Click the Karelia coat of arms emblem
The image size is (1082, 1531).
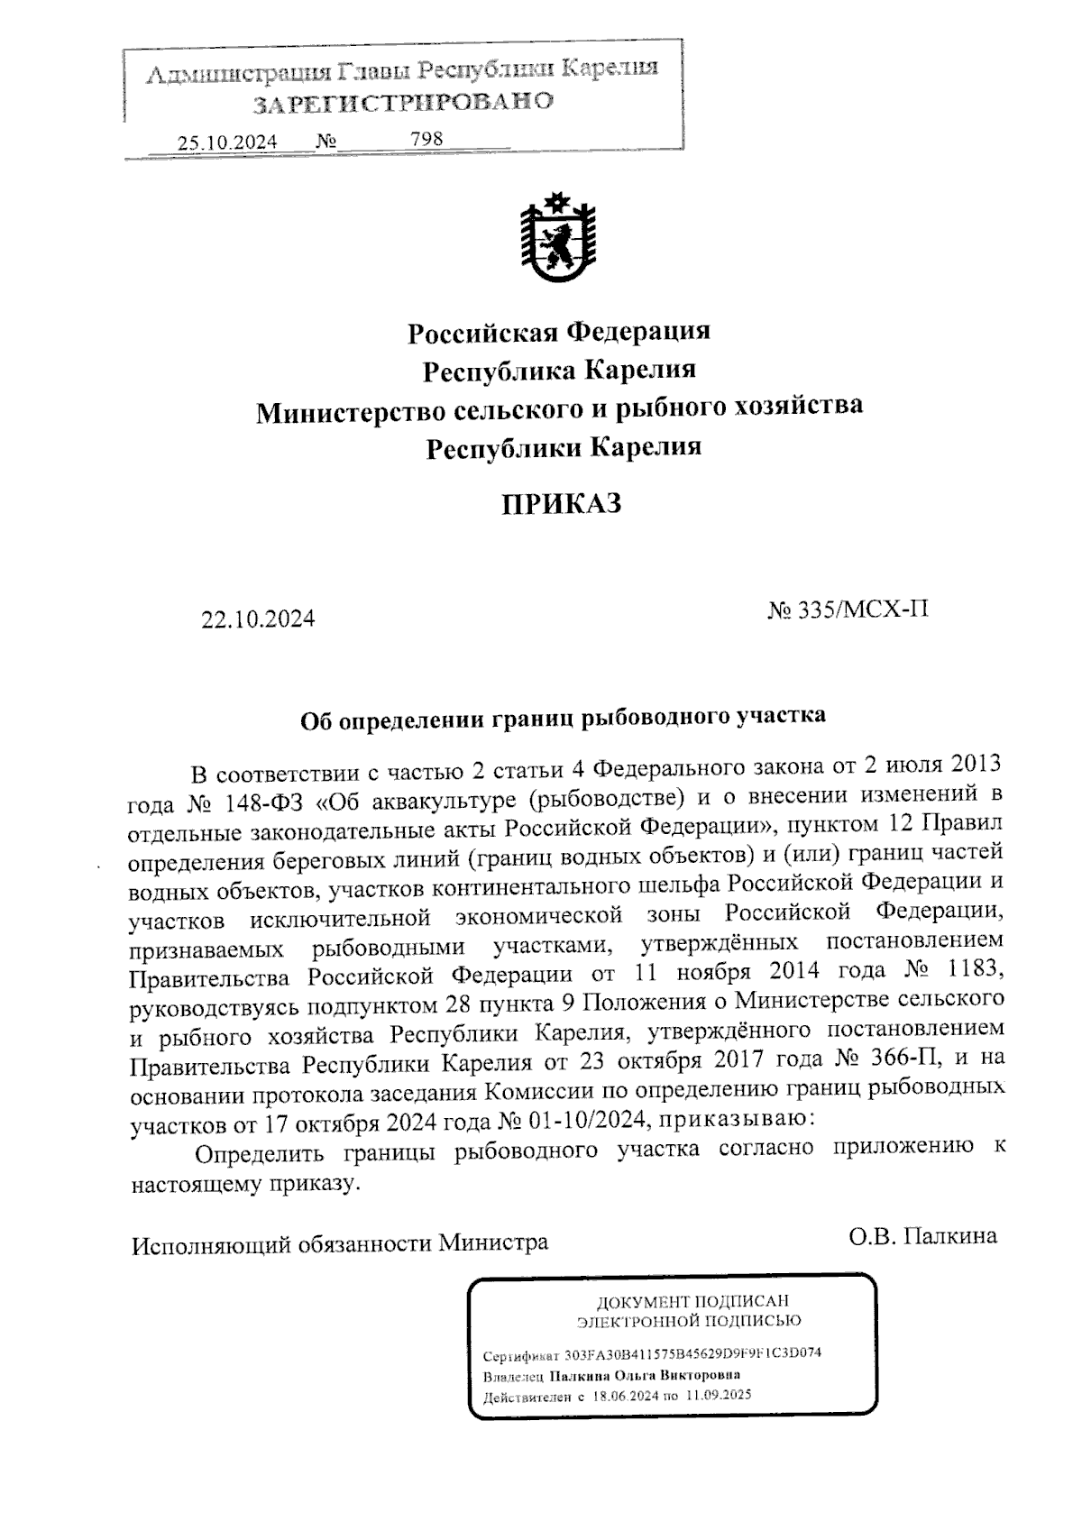coord(558,239)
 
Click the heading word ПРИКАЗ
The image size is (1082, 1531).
coord(561,504)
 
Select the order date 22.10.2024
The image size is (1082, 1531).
coord(258,619)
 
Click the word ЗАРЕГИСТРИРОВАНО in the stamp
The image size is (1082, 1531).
coord(402,102)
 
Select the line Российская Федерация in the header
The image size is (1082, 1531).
coord(559,332)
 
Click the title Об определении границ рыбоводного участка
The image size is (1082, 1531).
coord(562,718)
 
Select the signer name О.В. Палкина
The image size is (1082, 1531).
coord(922,1236)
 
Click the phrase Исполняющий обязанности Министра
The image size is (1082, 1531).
coord(340,1244)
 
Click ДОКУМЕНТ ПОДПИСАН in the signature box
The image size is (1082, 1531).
coord(692,1301)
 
